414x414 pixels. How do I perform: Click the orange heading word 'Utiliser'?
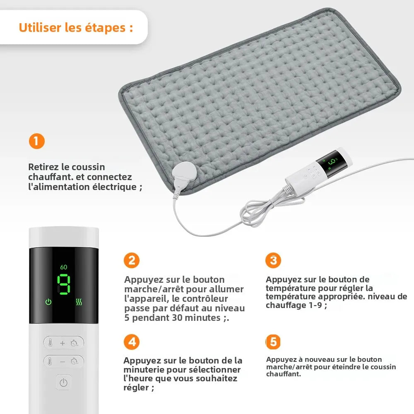tap(40, 28)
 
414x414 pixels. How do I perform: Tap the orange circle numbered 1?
tap(36, 142)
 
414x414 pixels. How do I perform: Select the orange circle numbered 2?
tap(132, 260)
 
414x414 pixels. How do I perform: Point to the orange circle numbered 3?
tap(273, 260)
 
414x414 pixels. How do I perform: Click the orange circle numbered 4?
tap(132, 342)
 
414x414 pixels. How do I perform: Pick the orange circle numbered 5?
tap(273, 342)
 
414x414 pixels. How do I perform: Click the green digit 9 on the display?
tap(63, 284)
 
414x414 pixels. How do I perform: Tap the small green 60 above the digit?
tap(63, 267)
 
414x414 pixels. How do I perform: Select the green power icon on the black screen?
tap(48, 302)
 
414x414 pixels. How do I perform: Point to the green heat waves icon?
tap(79, 302)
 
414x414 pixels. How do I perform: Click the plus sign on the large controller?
tap(63, 343)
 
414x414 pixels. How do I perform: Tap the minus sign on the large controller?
tap(63, 361)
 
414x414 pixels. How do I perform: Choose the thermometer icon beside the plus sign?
tap(50, 343)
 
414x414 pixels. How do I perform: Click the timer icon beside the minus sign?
tap(75, 361)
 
